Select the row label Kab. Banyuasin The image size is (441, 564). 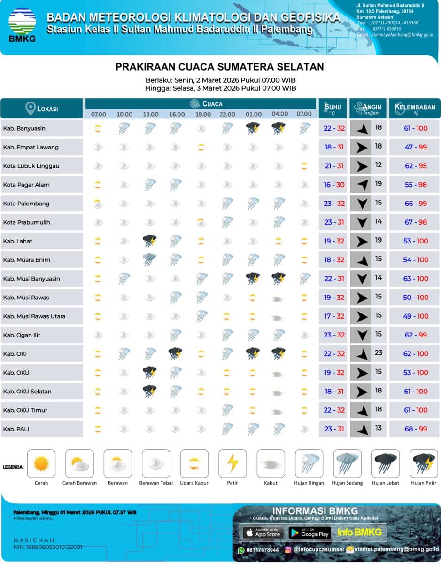(x=24, y=128)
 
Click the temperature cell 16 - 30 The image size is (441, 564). (x=334, y=185)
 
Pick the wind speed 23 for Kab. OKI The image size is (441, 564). (x=379, y=353)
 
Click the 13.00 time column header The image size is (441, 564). (x=151, y=114)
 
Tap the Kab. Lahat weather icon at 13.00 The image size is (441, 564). (x=150, y=241)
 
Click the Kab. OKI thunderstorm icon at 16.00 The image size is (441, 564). (x=176, y=353)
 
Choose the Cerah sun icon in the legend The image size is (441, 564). (x=41, y=464)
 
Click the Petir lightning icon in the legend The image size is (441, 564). (x=232, y=464)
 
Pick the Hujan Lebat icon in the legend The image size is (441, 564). (x=386, y=464)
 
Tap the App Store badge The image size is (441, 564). (x=262, y=533)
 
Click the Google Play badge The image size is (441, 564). (x=309, y=533)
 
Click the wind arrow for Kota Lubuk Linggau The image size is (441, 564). (x=361, y=166)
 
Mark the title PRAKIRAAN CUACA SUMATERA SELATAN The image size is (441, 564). (x=220, y=67)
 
